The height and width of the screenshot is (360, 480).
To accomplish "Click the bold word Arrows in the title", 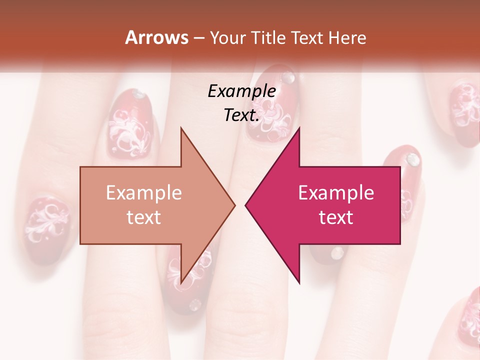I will pyautogui.click(x=156, y=37).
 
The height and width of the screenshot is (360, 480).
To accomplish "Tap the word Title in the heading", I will pyautogui.click(x=270, y=38).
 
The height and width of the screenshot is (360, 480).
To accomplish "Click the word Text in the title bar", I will pyautogui.click(x=309, y=38).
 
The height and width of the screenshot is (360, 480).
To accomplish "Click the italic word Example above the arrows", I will pyautogui.click(x=242, y=91).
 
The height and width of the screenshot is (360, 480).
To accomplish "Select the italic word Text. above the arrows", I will pyautogui.click(x=242, y=115).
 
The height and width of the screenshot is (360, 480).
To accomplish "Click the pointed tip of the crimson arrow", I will pyautogui.click(x=246, y=205).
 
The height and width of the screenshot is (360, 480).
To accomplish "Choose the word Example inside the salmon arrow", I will pyautogui.click(x=144, y=192).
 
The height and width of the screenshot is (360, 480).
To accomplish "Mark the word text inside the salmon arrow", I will pyautogui.click(x=144, y=217).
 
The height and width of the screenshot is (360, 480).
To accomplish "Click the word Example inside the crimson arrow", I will pyautogui.click(x=336, y=192).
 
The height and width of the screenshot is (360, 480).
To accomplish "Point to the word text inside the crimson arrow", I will pyautogui.click(x=336, y=217).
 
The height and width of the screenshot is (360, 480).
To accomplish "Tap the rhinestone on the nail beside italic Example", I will pyautogui.click(x=288, y=77).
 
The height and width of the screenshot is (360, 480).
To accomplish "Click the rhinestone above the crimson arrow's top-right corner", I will pyautogui.click(x=412, y=159).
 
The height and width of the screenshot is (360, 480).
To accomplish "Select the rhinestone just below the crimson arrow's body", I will pyautogui.click(x=338, y=252).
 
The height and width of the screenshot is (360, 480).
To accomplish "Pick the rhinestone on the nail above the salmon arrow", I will pyautogui.click(x=138, y=94).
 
